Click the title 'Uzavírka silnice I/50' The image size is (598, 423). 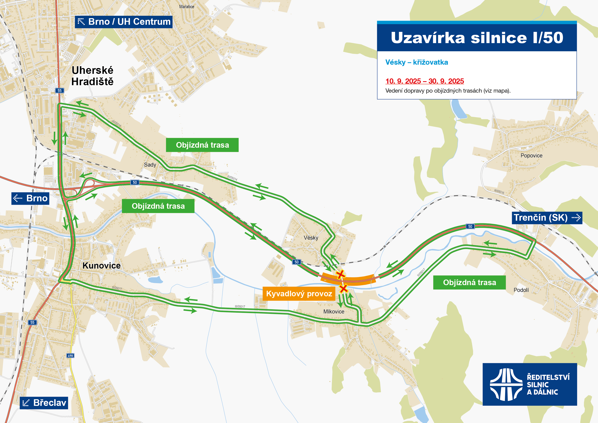click(x=477, y=38)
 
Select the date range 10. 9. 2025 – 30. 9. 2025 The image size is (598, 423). click(x=425, y=81)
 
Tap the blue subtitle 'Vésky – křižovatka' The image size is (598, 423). click(x=416, y=62)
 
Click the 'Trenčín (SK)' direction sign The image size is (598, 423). click(x=547, y=218)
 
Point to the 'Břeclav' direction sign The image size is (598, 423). click(x=44, y=403)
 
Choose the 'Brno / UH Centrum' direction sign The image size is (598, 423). click(x=124, y=22)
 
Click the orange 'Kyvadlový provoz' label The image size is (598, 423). click(x=299, y=294)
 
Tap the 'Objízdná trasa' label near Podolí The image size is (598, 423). click(x=469, y=282)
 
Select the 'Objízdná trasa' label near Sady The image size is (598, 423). click(x=202, y=145)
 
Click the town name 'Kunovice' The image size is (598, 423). click(x=102, y=266)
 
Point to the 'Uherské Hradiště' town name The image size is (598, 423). click(x=92, y=76)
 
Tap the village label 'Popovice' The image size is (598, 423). click(x=531, y=156)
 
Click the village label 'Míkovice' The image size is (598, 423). click(x=334, y=311)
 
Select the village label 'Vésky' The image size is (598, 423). click(x=311, y=238)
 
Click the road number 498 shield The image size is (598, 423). click(x=70, y=356)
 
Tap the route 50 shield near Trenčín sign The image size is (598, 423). click(x=470, y=226)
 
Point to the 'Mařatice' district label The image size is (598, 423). click(x=187, y=7)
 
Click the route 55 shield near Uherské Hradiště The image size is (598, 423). click(x=60, y=90)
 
